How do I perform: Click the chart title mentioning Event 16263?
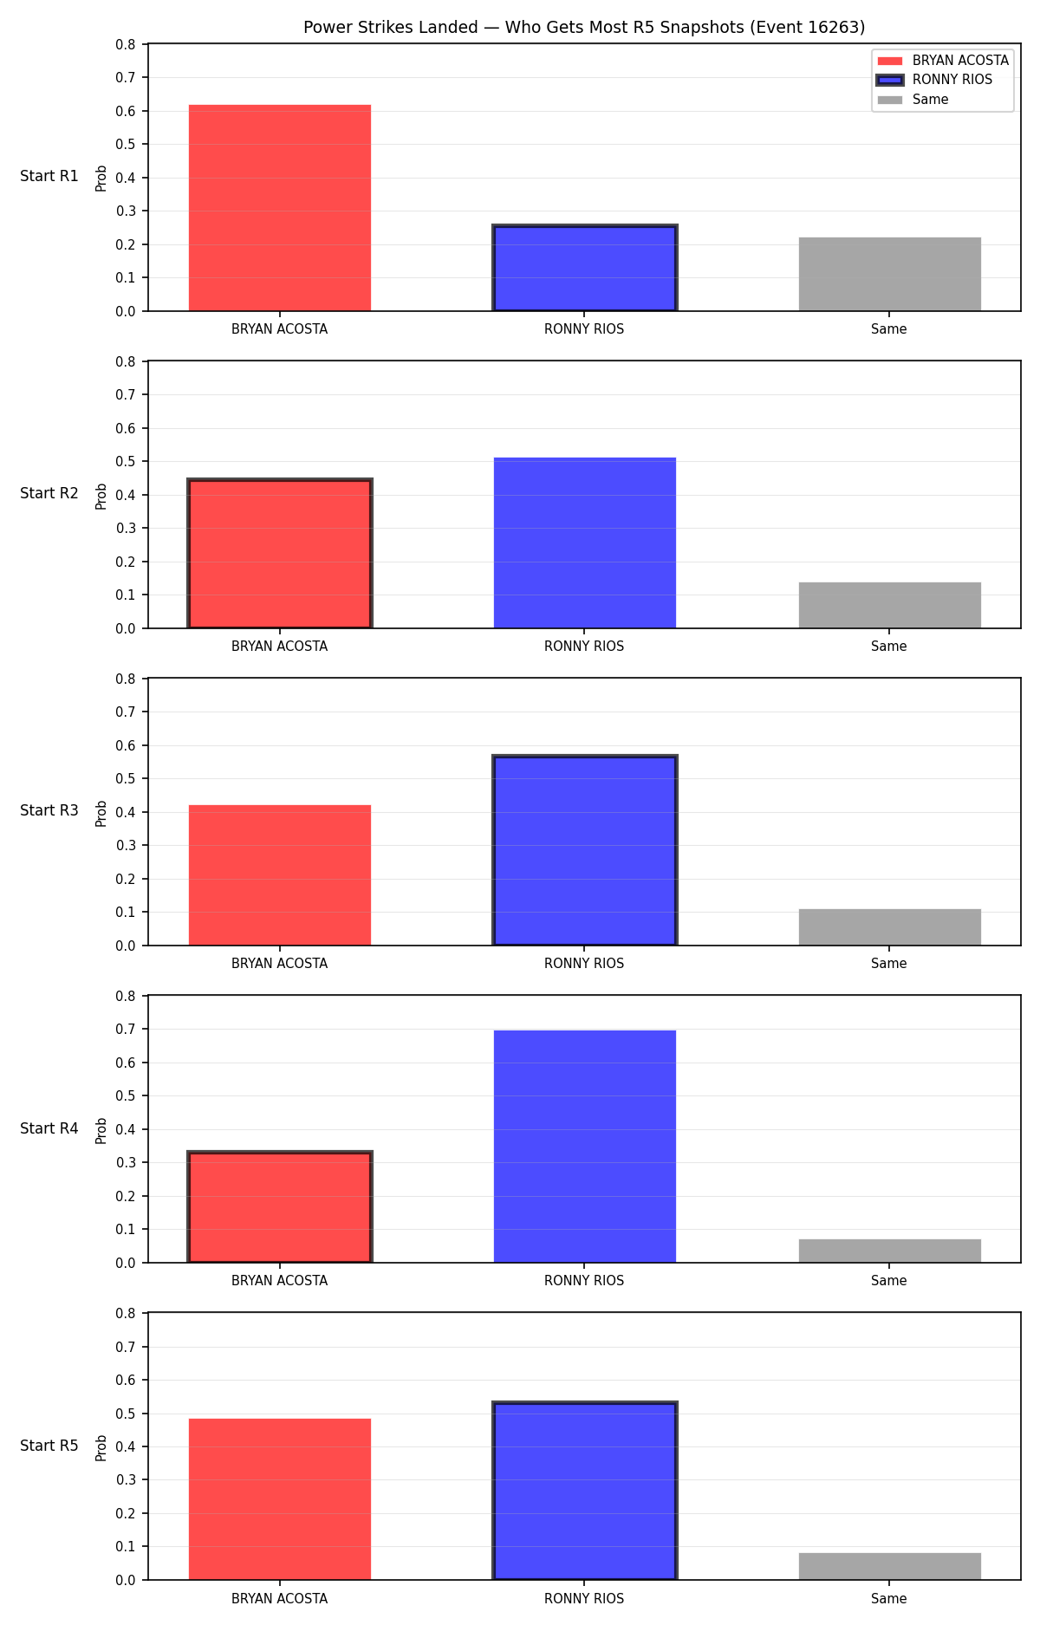click(x=584, y=28)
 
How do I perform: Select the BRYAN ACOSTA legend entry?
click(x=943, y=61)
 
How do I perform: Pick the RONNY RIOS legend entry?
click(x=935, y=80)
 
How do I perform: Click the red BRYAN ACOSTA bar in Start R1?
click(x=280, y=208)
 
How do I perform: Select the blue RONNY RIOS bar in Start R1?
click(x=585, y=268)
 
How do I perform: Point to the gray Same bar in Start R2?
click(x=890, y=605)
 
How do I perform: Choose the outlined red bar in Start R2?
click(x=280, y=554)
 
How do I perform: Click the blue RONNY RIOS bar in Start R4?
click(x=585, y=1147)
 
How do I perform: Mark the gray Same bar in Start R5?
click(x=890, y=1566)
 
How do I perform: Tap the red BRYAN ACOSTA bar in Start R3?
click(x=280, y=875)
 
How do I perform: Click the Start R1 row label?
click(x=49, y=176)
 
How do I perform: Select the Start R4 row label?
click(x=49, y=1128)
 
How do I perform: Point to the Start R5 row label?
click(x=49, y=1446)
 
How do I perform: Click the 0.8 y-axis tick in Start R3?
click(x=127, y=679)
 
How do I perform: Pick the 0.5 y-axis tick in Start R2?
click(x=127, y=462)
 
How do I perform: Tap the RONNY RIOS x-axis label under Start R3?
click(x=584, y=964)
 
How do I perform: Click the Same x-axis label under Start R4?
click(x=889, y=1281)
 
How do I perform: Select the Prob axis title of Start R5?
click(x=101, y=1447)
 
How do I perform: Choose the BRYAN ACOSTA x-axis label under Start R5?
click(x=280, y=1599)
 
